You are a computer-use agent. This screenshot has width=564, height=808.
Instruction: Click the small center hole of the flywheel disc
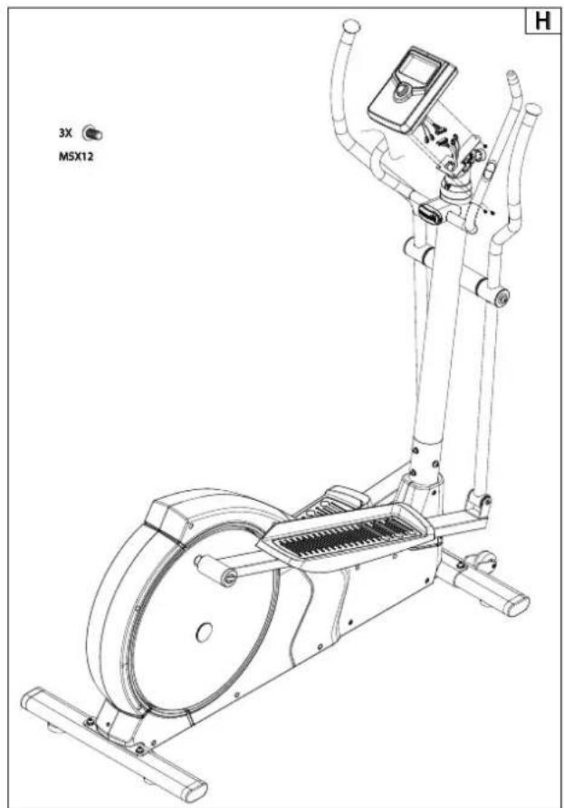(x=204, y=630)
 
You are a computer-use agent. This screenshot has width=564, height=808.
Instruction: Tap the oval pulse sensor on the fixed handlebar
(x=430, y=213)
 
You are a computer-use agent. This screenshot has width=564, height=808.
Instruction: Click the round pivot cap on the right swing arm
(x=500, y=296)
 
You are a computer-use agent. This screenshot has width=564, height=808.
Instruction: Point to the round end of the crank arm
(x=228, y=575)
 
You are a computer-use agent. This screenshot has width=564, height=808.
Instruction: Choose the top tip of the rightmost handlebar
(x=533, y=110)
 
